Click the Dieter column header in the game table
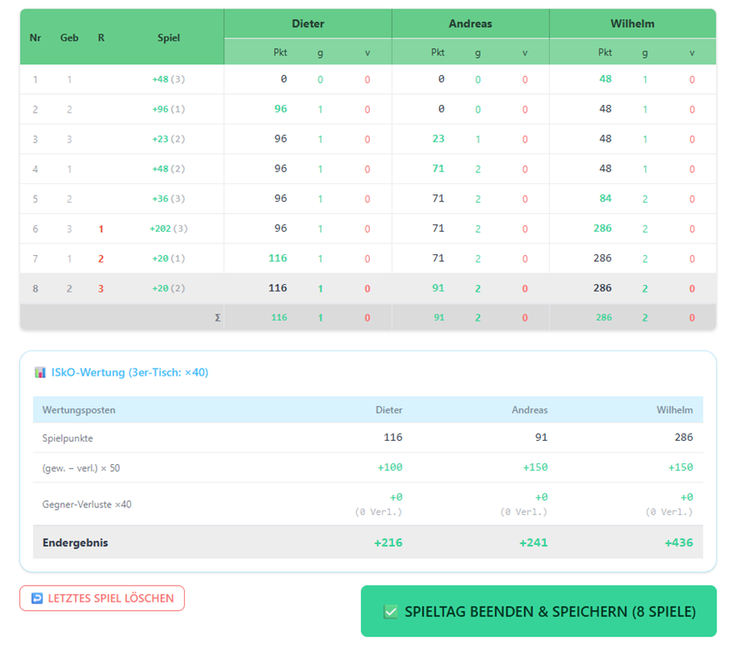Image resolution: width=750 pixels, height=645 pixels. click(307, 23)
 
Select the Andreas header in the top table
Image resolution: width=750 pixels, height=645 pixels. click(470, 23)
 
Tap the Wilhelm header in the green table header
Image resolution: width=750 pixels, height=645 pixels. click(632, 23)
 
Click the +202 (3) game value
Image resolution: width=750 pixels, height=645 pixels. click(168, 228)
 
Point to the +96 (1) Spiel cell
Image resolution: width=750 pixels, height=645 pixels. click(168, 109)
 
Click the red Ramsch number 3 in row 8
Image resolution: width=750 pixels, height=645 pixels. click(101, 288)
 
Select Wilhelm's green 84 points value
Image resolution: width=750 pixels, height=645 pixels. click(605, 198)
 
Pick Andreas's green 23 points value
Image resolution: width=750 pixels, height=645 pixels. click(438, 139)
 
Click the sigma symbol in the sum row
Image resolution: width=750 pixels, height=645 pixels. click(217, 317)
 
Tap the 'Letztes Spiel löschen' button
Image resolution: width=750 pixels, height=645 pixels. click(102, 598)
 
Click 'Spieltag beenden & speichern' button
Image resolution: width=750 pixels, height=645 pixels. click(538, 611)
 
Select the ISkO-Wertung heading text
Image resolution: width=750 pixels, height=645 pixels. click(130, 372)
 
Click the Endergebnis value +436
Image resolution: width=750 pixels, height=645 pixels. click(678, 542)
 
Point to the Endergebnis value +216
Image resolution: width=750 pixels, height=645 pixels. click(387, 542)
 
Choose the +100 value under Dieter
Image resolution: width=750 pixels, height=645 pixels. click(390, 467)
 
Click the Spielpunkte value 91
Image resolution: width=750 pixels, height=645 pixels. click(541, 437)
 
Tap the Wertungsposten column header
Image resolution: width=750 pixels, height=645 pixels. click(79, 410)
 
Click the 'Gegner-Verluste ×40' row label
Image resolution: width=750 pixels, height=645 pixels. click(87, 504)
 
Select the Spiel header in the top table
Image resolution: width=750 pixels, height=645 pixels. click(169, 37)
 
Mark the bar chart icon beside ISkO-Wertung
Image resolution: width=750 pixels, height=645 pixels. click(40, 372)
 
